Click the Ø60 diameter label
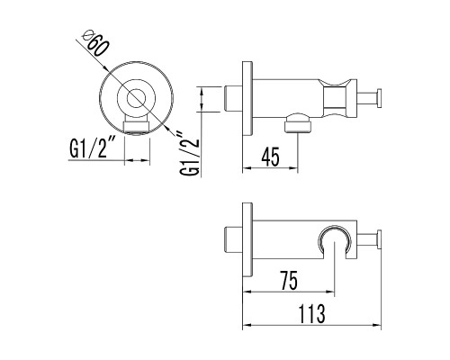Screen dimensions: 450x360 [95, 44]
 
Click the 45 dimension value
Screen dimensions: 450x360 [270, 157]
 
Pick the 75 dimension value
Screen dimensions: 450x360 [289, 280]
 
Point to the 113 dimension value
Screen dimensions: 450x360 [312, 313]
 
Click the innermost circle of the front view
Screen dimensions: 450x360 [136, 98]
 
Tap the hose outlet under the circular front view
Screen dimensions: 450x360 [137, 125]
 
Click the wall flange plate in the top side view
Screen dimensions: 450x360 [247, 98]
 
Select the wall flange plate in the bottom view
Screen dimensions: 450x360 [247, 239]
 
